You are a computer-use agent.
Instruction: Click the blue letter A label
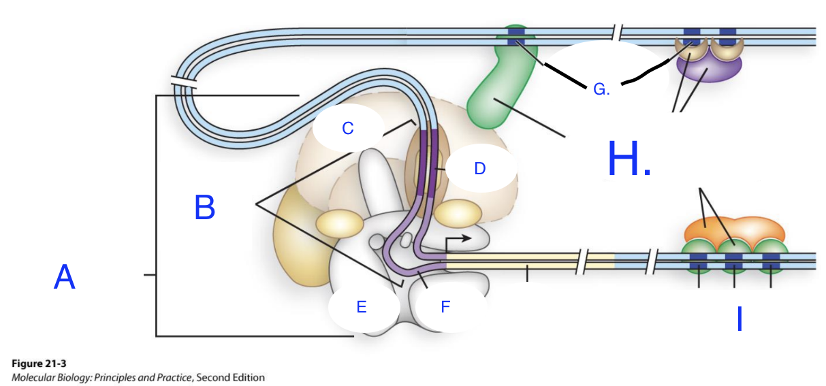64,278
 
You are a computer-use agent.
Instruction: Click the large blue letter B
204,207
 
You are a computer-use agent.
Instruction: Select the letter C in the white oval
347,128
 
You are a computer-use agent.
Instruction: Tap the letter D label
479,168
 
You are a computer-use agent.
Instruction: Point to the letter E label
362,307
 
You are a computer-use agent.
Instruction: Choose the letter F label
445,307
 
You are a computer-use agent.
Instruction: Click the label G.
601,89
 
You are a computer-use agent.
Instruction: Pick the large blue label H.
629,161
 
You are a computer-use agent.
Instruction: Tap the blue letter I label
740,319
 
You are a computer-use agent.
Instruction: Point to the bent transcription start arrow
456,242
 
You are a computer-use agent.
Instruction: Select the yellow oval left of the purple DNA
339,223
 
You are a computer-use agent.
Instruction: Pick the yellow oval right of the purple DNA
458,213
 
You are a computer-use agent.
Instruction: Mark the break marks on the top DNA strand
617,33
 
